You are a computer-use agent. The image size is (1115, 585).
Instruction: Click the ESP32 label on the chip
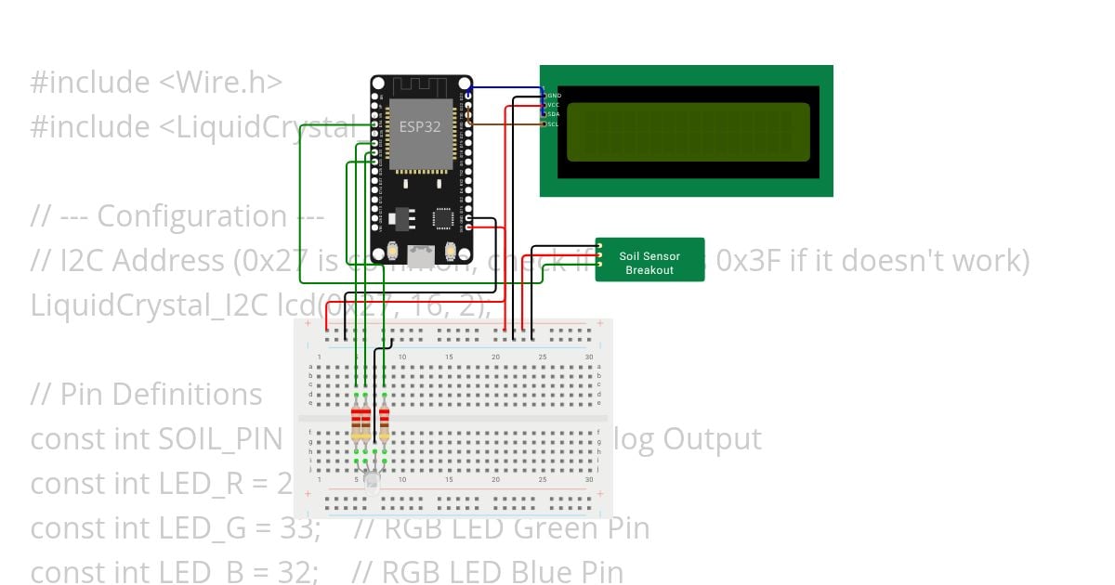click(420, 126)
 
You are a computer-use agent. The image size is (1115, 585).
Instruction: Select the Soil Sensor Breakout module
click(649, 263)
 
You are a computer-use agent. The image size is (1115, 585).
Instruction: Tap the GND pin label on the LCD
click(554, 96)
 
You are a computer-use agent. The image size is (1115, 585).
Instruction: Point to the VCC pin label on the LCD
click(554, 105)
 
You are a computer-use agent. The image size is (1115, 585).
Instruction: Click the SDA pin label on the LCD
click(554, 114)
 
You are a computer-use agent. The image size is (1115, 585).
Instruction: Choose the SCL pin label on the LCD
click(554, 123)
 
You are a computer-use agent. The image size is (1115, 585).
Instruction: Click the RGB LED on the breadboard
click(371, 481)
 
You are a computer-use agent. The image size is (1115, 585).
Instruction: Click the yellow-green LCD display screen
click(688, 132)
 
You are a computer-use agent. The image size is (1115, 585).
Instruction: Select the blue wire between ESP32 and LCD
click(506, 89)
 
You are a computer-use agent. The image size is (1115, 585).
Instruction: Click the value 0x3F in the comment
click(748, 261)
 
